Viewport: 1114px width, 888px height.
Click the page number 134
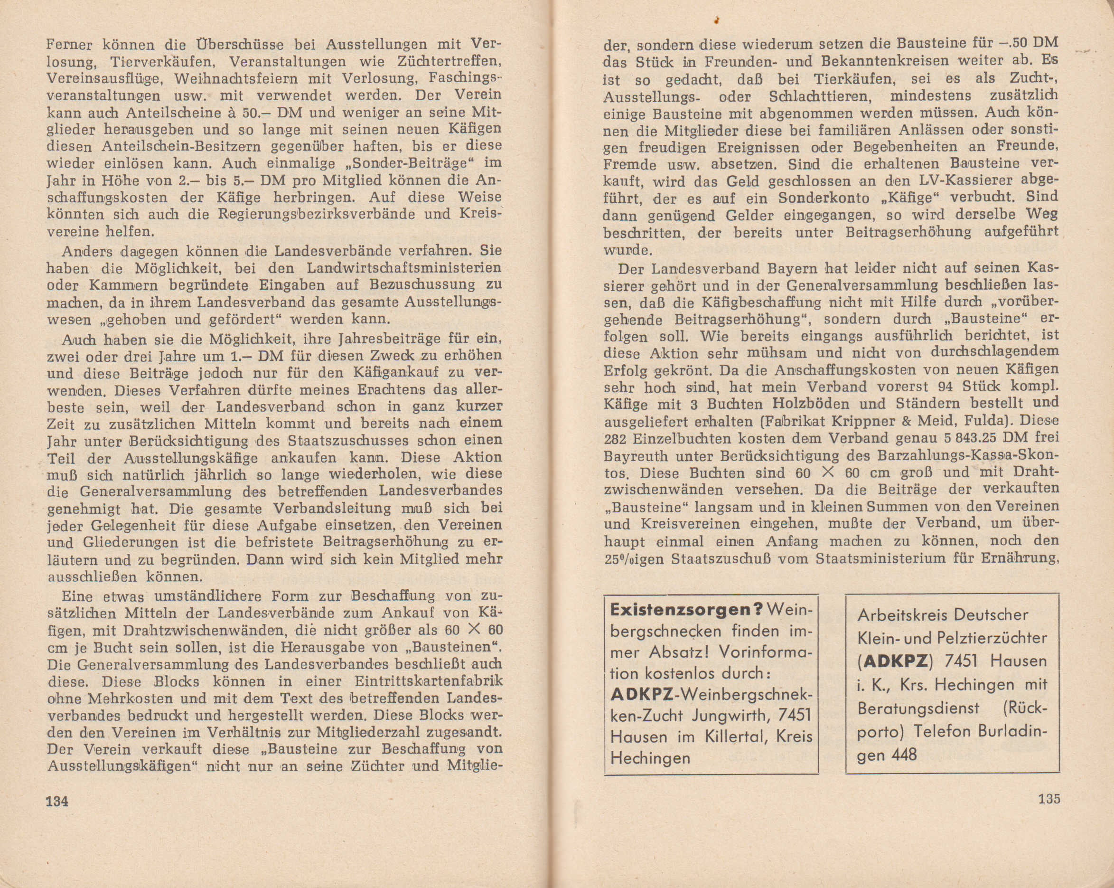[x=57, y=801]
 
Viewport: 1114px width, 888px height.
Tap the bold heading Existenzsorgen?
[x=686, y=610]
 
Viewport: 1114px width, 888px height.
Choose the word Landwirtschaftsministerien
[x=404, y=269]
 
